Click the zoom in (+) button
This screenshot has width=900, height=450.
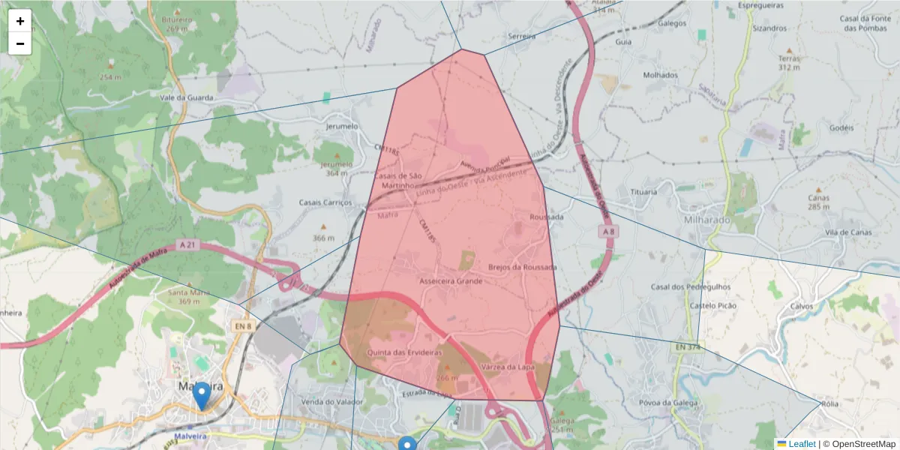pos(20,21)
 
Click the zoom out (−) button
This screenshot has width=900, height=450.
pos(20,43)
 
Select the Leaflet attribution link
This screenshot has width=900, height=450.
pos(802,444)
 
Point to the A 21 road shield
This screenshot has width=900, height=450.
pos(187,244)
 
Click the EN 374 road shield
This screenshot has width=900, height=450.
pos(687,347)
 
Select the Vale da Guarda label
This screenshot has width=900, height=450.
pos(187,97)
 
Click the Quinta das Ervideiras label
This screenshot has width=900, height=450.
pos(404,352)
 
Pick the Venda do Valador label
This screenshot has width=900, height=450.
pos(331,402)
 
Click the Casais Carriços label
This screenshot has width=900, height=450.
pos(325,202)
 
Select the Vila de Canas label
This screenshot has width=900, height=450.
pos(848,232)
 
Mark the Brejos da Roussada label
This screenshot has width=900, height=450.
pos(522,267)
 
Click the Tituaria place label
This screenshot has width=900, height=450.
pos(643,192)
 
